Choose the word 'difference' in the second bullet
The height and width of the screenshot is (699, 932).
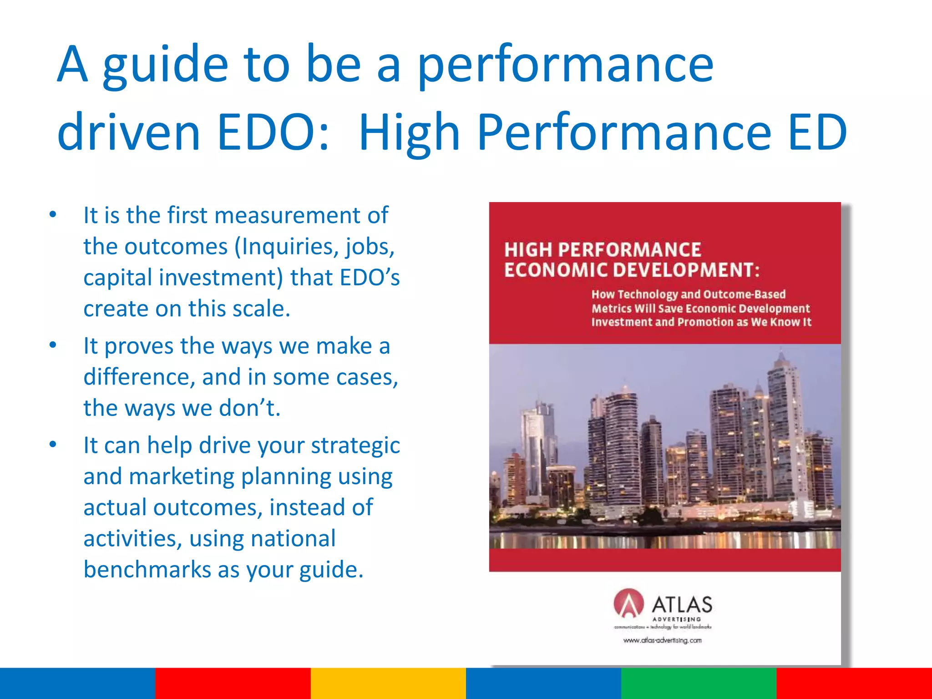(x=139, y=377)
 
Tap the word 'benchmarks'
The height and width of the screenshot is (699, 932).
(x=147, y=570)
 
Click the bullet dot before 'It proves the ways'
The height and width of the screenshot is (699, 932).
(x=53, y=345)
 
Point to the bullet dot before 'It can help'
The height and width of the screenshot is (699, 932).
(x=53, y=445)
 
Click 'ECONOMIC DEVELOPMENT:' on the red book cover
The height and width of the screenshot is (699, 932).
(x=632, y=270)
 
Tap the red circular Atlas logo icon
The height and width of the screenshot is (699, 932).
(x=628, y=603)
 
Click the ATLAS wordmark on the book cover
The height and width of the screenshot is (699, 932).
(x=682, y=605)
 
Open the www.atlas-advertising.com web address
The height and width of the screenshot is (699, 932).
(x=662, y=641)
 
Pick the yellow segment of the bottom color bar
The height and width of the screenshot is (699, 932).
(x=388, y=683)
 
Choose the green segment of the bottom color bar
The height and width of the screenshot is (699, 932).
(x=699, y=683)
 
